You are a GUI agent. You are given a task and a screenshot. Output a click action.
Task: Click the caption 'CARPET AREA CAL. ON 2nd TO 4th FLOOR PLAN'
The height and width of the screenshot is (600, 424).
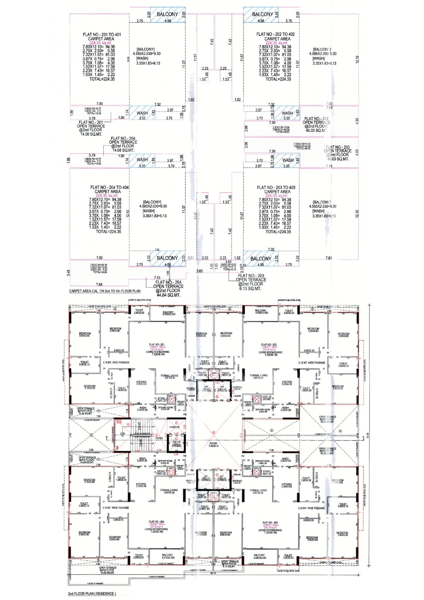tap(105, 291)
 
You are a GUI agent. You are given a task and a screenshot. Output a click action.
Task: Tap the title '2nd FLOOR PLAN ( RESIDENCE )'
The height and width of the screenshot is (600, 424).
tap(92, 594)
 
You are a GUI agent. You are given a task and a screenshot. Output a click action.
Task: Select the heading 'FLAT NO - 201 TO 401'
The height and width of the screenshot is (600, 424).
tap(102, 35)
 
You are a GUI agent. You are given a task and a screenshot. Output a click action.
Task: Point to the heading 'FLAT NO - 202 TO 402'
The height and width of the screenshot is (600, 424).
tap(276, 34)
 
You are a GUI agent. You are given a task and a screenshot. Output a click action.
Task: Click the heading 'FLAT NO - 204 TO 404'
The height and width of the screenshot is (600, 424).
tap(109, 187)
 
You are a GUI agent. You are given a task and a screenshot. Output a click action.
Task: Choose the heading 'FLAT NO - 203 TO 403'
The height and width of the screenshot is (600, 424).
tap(276, 187)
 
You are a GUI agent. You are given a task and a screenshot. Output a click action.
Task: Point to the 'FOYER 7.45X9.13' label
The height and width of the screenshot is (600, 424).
tap(213, 445)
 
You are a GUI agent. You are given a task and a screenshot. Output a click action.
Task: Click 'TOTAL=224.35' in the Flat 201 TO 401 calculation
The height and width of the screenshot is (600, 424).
tap(102, 79)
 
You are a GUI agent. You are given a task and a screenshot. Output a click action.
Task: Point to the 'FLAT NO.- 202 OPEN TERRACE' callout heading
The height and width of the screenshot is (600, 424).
tap(316, 121)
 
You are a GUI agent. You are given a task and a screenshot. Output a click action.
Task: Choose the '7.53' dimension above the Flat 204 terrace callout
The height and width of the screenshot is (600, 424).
tap(157, 278)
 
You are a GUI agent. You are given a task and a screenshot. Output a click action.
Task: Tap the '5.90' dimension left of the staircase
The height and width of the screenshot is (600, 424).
tap(91, 450)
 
